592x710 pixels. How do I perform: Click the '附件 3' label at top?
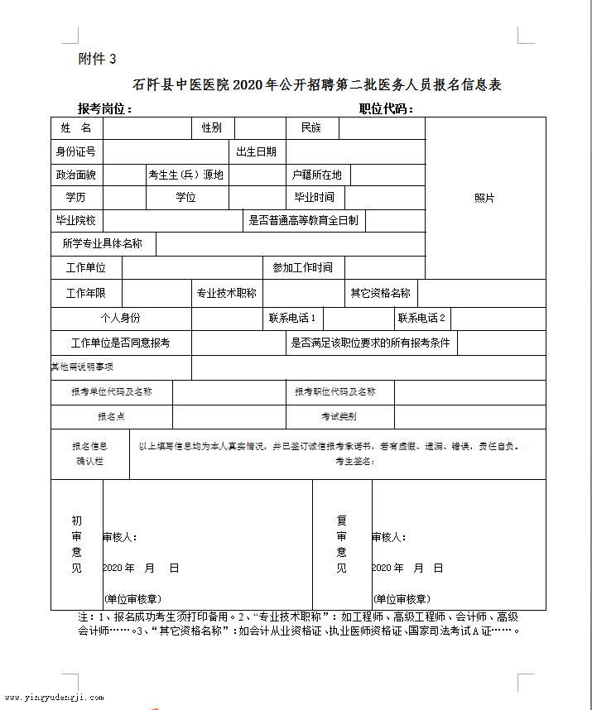(x=97, y=59)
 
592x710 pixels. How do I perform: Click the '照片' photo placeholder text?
(x=484, y=199)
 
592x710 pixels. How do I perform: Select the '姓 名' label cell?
(x=75, y=128)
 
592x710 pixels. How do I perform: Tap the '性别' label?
(x=211, y=128)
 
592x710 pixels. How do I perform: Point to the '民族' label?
(x=310, y=128)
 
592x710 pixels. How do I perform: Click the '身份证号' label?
(x=75, y=151)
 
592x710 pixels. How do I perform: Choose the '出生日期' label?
(x=256, y=151)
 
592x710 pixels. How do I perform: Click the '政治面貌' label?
(x=75, y=175)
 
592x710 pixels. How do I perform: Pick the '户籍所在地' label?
(x=316, y=175)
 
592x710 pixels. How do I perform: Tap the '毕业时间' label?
(x=314, y=198)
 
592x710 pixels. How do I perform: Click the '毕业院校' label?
(x=75, y=221)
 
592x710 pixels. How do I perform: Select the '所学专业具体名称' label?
(x=103, y=244)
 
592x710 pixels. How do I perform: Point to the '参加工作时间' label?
(x=302, y=267)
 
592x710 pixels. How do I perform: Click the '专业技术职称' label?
(x=226, y=293)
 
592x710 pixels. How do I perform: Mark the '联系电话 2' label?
(x=421, y=318)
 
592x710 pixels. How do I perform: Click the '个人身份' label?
(x=120, y=319)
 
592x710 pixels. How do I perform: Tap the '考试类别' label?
(x=339, y=416)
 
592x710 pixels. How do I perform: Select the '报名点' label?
(x=111, y=416)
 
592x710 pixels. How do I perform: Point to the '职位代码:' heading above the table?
(x=386, y=108)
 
